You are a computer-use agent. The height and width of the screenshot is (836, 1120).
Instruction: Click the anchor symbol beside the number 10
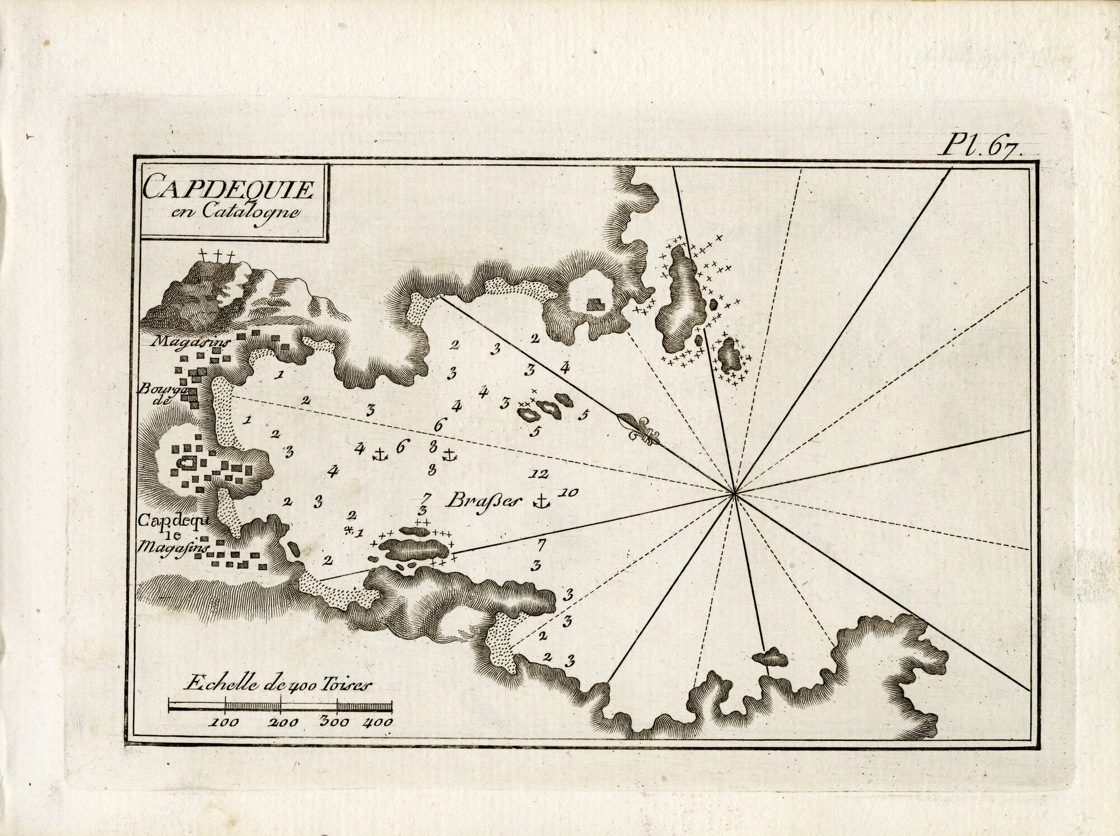(x=541, y=502)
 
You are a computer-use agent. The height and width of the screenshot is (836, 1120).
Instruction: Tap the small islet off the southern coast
(x=768, y=657)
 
